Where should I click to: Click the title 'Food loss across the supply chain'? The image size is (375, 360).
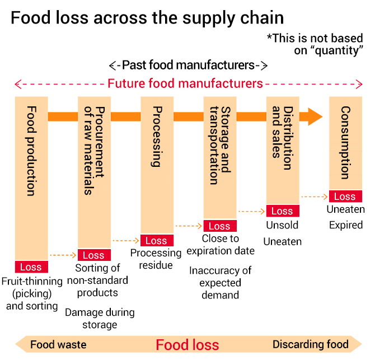click(147, 18)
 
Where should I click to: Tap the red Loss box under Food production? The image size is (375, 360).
click(31, 267)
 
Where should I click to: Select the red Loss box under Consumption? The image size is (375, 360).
click(345, 197)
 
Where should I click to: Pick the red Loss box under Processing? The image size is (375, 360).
click(157, 240)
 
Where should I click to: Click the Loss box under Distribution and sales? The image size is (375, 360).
click(283, 211)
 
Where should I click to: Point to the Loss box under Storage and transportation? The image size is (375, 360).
click(220, 226)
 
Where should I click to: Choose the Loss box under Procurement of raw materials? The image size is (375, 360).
click(94, 255)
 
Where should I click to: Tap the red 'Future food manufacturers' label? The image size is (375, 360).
click(185, 83)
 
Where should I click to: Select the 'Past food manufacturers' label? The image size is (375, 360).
click(188, 65)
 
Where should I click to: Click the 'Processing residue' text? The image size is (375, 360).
click(156, 259)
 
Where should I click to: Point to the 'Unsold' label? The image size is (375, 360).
click(282, 225)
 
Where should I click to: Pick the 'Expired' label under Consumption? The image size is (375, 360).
click(346, 225)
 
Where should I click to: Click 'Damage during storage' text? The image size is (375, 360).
click(100, 319)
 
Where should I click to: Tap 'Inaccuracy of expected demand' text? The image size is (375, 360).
click(221, 283)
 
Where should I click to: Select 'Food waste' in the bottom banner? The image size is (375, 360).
click(58, 345)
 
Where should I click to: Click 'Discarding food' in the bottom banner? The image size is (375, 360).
click(311, 344)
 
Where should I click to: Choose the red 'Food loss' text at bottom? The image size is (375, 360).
click(187, 345)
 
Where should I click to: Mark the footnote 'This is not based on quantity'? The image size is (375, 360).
click(315, 44)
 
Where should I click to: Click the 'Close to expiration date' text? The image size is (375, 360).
click(221, 245)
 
